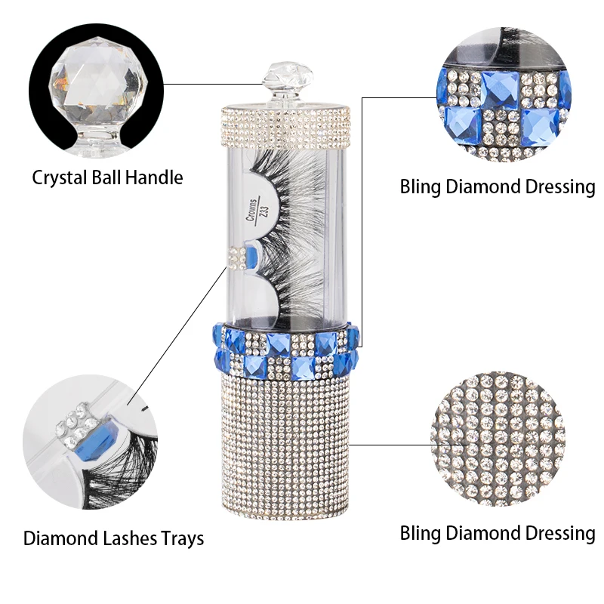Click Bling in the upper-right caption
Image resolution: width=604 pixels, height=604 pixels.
421,187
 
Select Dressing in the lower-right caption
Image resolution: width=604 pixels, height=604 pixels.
556,534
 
